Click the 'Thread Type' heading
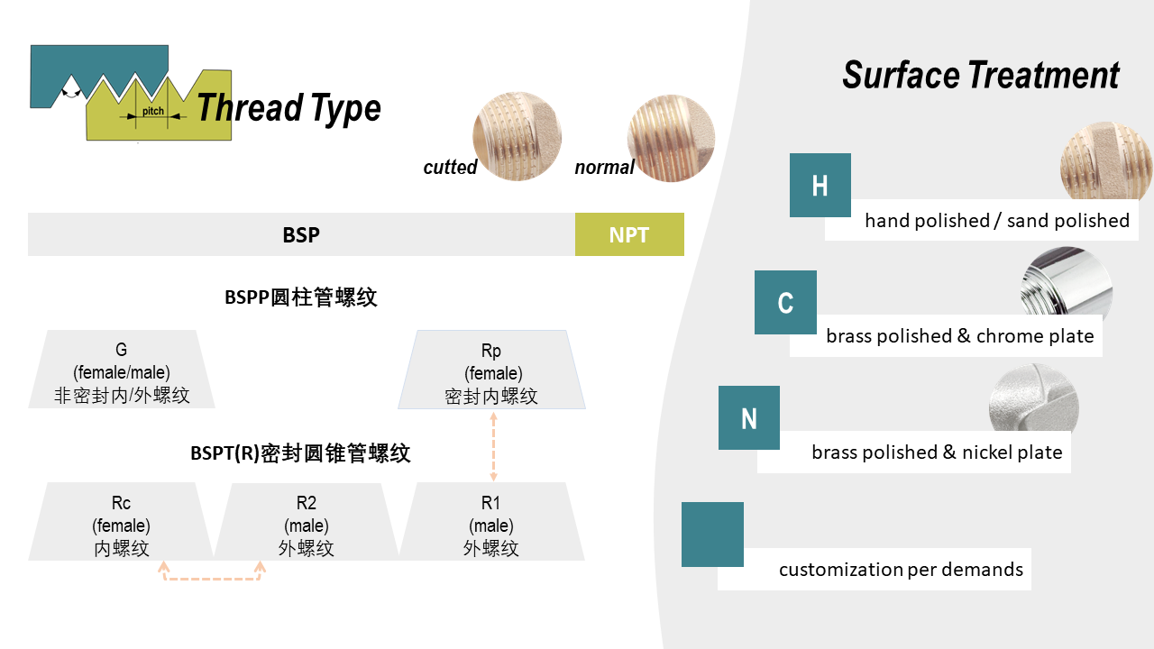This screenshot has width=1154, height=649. (x=288, y=108)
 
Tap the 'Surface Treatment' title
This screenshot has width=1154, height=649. (x=981, y=75)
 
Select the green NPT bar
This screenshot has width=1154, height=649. (x=629, y=234)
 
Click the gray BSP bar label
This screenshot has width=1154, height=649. (x=301, y=234)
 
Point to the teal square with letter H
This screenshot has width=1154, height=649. (x=820, y=185)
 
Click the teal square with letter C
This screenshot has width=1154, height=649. (x=785, y=302)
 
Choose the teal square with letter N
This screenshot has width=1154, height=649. (x=749, y=418)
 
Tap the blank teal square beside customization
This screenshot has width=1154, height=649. (x=712, y=535)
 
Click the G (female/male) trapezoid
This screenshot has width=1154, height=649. (x=122, y=370)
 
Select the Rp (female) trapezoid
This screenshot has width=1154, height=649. (x=491, y=370)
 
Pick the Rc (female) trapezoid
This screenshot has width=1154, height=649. (x=122, y=522)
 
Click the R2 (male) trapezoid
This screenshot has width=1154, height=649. (x=307, y=522)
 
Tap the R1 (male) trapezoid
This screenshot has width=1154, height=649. (x=491, y=522)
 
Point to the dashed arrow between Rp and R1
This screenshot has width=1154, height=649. (x=492, y=445)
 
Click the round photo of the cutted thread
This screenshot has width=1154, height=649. (x=517, y=136)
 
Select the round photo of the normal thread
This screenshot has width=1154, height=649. (x=671, y=139)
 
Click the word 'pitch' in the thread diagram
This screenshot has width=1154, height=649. (x=153, y=112)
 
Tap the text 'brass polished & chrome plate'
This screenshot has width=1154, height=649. (x=960, y=336)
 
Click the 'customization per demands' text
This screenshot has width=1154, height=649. (x=901, y=570)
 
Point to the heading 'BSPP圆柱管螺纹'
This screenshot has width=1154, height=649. (x=301, y=297)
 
